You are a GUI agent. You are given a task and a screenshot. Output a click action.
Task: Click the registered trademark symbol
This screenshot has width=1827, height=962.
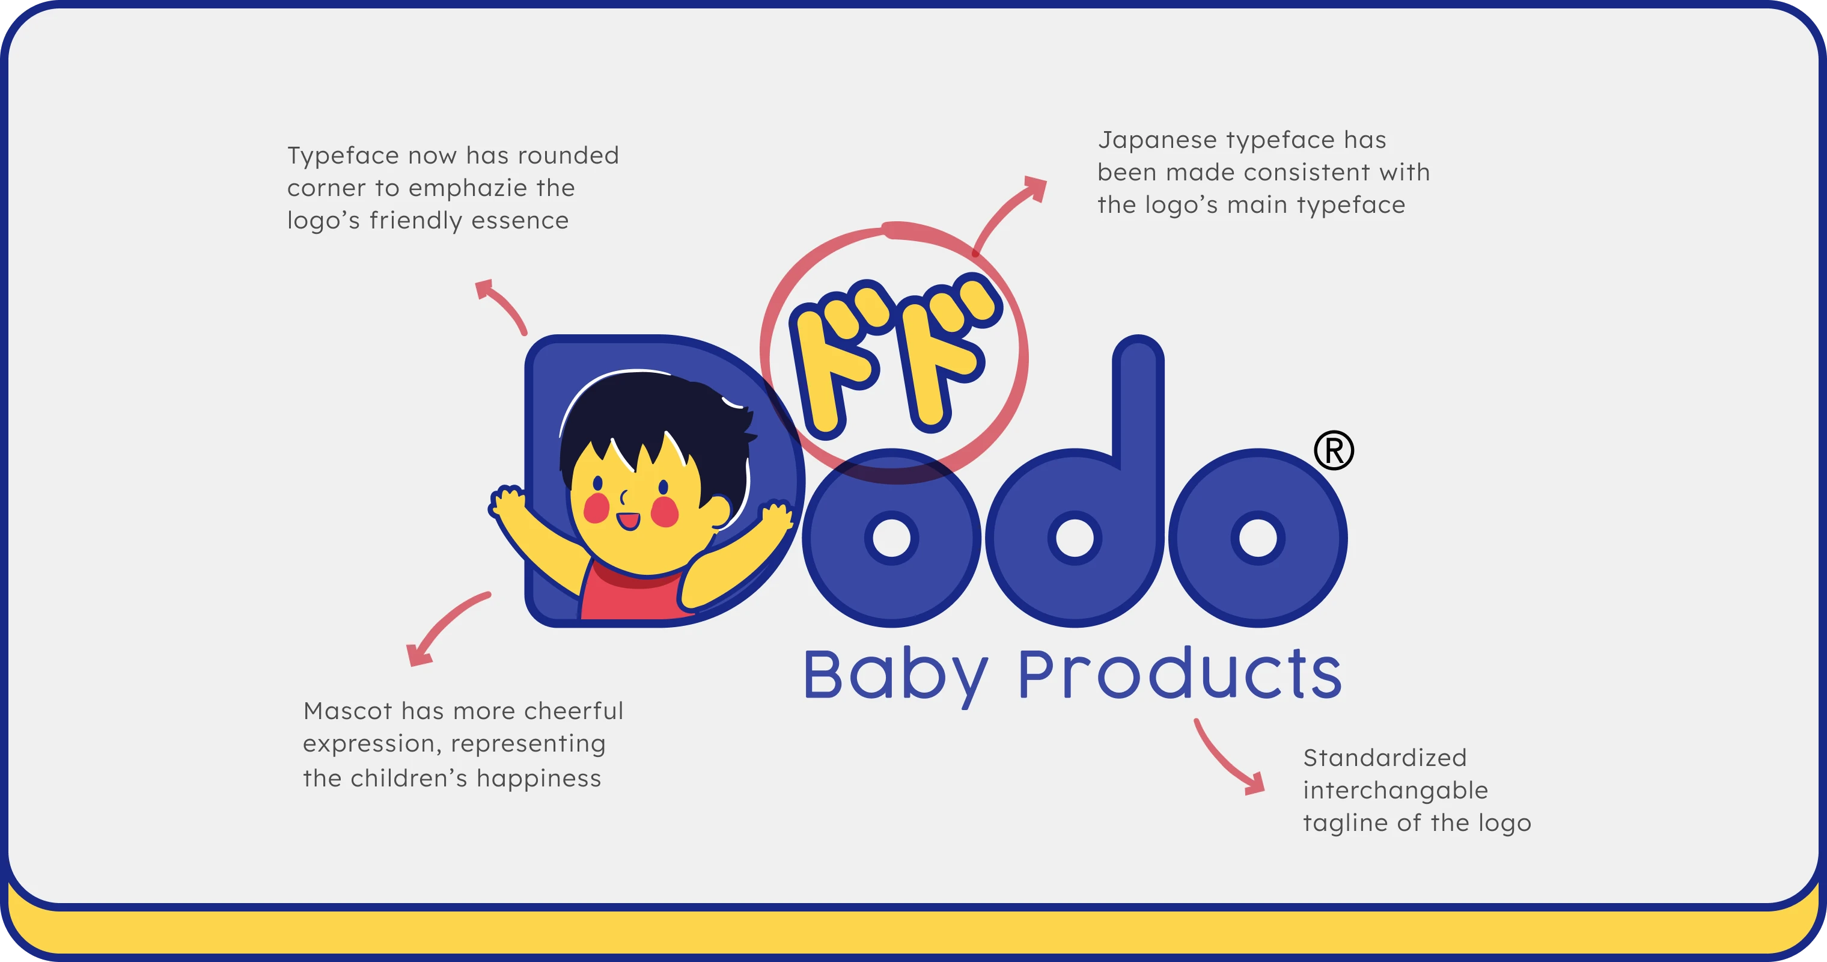[1334, 450]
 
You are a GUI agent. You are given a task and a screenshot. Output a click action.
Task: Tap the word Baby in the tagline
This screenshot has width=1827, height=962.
[895, 676]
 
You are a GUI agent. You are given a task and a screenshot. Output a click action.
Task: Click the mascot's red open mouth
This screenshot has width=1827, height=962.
[629, 521]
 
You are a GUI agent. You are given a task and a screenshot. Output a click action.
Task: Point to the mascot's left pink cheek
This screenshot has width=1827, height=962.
[596, 507]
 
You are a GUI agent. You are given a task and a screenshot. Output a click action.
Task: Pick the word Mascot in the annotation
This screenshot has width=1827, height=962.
[347, 711]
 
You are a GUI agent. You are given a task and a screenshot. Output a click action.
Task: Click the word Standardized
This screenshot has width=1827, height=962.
[1385, 758]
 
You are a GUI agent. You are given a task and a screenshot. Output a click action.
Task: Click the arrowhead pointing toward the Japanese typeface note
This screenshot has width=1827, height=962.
[1036, 188]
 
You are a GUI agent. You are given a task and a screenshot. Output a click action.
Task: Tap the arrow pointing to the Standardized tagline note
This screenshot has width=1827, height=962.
[1227, 759]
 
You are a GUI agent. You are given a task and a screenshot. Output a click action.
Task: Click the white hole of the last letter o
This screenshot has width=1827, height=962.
[1257, 538]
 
